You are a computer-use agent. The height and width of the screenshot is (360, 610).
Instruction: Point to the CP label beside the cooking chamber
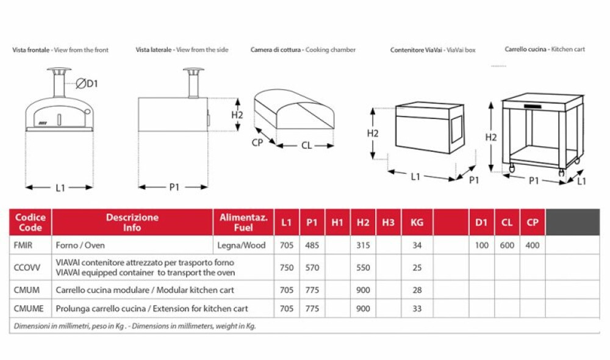coord(258,142)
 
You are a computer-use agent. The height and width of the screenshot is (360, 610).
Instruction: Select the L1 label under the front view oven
coord(60,188)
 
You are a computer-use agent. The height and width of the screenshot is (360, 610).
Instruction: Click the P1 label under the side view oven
coord(174,187)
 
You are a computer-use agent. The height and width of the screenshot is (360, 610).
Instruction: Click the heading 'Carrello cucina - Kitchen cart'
coord(545,49)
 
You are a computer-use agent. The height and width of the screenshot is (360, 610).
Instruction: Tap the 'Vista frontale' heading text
coord(31,50)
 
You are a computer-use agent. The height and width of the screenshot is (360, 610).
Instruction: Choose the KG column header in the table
coord(417,223)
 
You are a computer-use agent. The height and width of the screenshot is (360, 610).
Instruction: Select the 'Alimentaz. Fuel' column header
coord(243,222)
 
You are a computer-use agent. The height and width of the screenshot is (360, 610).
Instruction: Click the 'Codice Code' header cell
coord(30,222)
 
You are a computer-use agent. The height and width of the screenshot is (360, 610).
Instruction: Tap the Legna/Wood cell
coord(243,245)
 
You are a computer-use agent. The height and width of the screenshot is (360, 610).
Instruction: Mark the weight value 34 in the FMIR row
coord(417,245)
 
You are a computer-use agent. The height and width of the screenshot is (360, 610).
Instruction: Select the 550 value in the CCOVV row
coord(363,267)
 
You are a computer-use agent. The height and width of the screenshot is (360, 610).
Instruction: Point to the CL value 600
coord(507,245)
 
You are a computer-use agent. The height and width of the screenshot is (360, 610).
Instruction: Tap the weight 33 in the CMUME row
coord(417,309)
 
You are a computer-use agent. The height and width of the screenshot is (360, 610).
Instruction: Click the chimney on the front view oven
coord(60,85)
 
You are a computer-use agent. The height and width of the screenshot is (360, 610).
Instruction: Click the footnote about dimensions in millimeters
coord(134,326)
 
